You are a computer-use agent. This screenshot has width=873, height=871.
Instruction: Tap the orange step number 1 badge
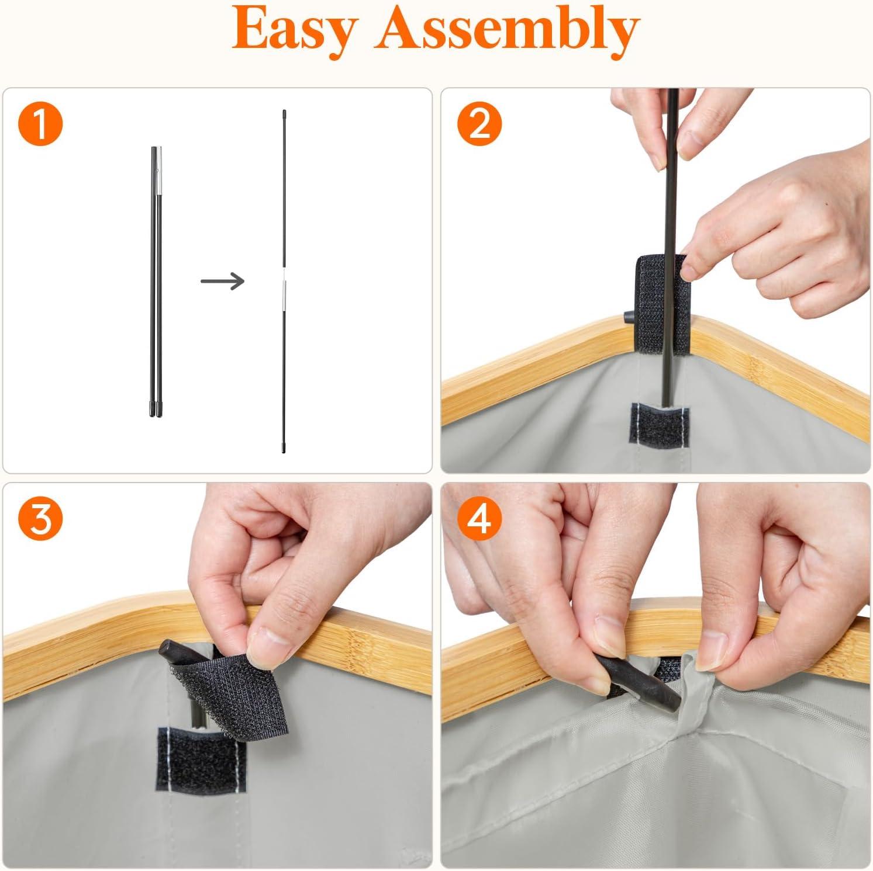[40, 124]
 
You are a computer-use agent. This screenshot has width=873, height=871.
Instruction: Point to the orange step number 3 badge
[40, 518]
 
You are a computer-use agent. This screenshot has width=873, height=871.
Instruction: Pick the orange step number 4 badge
[479, 518]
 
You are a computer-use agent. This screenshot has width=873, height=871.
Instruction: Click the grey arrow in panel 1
[222, 281]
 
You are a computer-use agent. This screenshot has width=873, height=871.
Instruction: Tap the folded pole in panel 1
[156, 281]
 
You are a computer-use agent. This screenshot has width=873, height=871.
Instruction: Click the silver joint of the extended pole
[284, 282]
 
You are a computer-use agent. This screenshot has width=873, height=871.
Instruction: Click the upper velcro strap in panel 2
[662, 304]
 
